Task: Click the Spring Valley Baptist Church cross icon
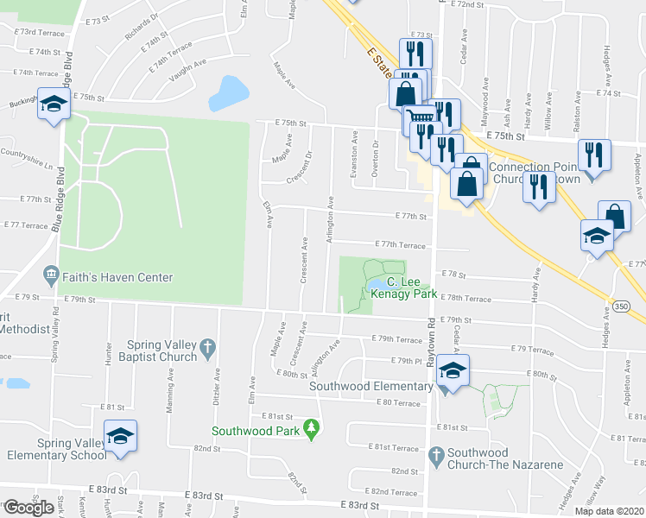(x=206, y=349)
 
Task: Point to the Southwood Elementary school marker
(x=453, y=370)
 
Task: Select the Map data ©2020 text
(x=611, y=511)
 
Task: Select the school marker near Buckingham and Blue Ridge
(x=54, y=105)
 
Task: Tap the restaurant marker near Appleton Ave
(x=593, y=155)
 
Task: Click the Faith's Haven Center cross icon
(x=50, y=277)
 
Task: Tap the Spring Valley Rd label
(x=54, y=332)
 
